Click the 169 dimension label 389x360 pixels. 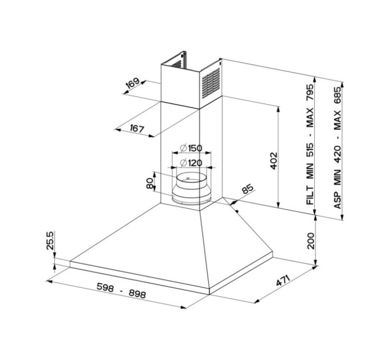click(133, 83)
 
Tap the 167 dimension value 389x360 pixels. click(137, 129)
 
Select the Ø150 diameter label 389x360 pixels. click(191, 148)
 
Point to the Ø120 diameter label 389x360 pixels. click(191, 163)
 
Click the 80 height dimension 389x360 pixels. click(150, 184)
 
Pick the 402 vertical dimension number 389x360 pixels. click(273, 161)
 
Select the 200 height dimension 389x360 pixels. click(311, 241)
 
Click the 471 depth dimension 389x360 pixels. click(283, 280)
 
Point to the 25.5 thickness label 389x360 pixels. click(50, 241)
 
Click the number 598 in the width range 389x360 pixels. click(105, 287)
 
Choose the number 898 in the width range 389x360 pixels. click(137, 294)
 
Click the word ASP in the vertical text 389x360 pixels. click(338, 200)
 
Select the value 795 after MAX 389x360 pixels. click(310, 93)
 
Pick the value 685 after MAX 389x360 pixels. click(338, 95)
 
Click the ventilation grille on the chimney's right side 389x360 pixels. click(211, 83)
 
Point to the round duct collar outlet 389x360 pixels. click(192, 188)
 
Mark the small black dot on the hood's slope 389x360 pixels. click(237, 211)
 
